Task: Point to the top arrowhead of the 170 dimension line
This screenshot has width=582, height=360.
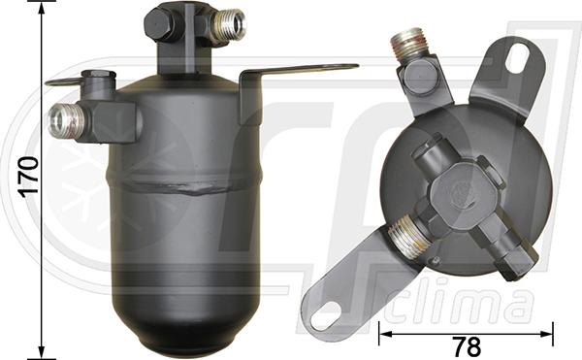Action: coord(42,10)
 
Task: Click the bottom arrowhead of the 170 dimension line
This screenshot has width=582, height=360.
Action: coord(42,351)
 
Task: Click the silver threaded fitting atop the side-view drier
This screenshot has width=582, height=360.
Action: coord(229,23)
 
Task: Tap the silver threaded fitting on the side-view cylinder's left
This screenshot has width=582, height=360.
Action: coord(63,120)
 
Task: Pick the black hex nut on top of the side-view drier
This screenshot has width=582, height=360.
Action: coord(162,22)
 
